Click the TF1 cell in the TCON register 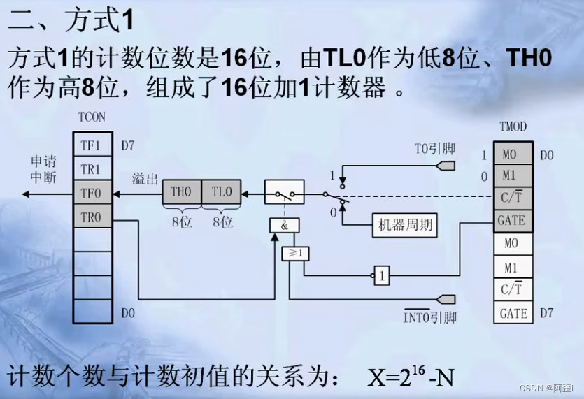[91, 145]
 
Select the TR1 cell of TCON [91, 169]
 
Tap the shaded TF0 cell [91, 193]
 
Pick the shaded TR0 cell [91, 217]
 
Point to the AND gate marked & [285, 225]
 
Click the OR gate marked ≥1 [292, 254]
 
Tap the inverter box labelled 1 [381, 275]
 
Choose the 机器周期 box [405, 225]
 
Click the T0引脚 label [434, 148]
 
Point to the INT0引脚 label [430, 318]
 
